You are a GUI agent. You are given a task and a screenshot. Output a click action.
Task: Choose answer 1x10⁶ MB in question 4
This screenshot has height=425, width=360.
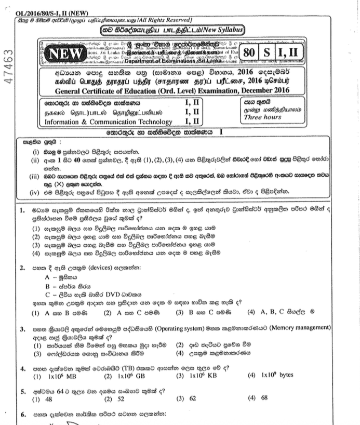51,375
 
